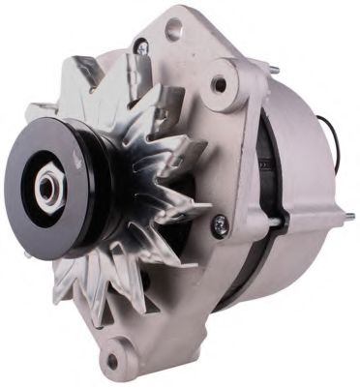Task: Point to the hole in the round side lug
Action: coord(221,84)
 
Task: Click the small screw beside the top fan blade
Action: coord(142,45)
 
